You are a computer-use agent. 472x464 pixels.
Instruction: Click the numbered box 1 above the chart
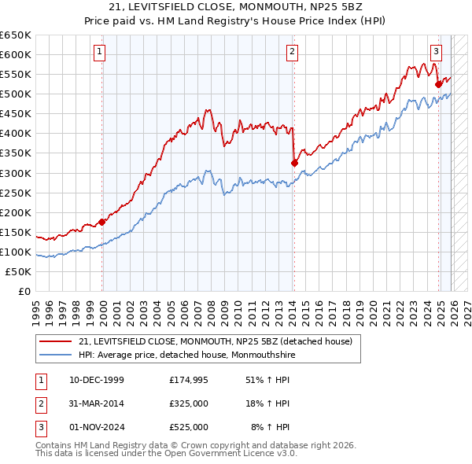(101, 53)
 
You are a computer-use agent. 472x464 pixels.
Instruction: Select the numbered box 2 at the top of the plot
(292, 53)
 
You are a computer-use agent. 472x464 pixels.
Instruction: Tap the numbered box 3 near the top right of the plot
(436, 53)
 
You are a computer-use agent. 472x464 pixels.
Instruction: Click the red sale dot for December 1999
(102, 222)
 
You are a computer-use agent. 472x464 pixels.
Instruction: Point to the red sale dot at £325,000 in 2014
(294, 163)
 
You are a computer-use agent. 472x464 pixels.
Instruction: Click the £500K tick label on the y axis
(16, 94)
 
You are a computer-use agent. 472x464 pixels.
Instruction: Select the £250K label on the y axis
(16, 193)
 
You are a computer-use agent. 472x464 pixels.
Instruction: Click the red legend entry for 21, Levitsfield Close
(219, 341)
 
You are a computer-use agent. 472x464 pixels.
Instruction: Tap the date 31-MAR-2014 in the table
(97, 403)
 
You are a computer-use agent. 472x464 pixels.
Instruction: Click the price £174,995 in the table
(189, 379)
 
